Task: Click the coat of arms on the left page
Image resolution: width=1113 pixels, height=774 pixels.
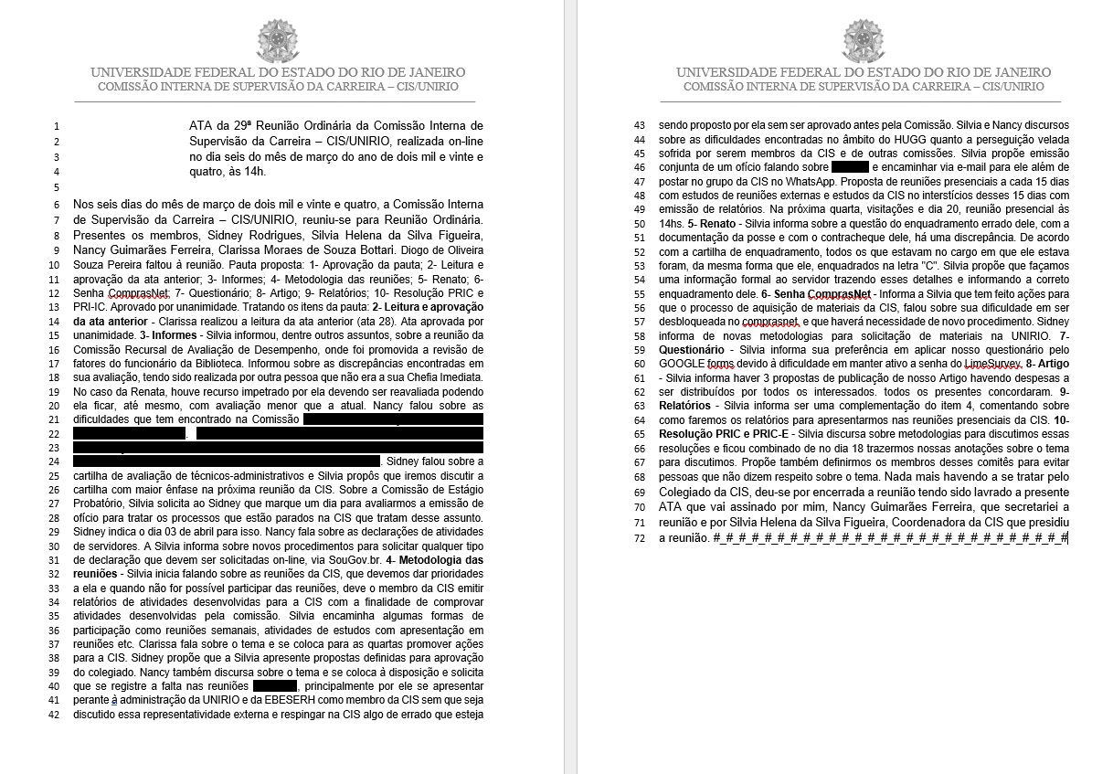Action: tap(278, 40)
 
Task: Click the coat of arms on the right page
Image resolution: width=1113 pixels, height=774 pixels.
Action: tap(864, 40)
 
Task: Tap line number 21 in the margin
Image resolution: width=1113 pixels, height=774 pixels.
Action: tap(56, 419)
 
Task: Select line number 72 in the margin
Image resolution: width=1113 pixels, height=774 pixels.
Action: tap(639, 538)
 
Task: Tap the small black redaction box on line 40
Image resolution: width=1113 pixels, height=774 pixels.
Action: tap(275, 685)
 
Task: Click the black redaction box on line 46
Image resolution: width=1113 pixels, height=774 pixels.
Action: tap(850, 167)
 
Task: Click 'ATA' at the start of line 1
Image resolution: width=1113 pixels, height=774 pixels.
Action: tap(200, 125)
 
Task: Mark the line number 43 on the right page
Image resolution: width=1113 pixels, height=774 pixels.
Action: tap(639, 125)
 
